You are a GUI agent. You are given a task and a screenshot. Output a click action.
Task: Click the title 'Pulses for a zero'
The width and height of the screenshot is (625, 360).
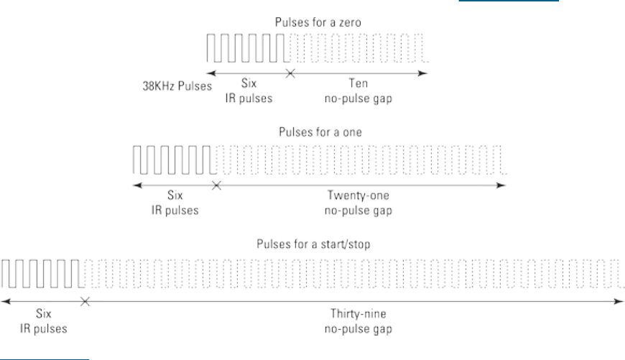pos(317,22)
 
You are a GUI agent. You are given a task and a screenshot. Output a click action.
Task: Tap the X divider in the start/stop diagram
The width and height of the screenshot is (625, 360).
pos(84,302)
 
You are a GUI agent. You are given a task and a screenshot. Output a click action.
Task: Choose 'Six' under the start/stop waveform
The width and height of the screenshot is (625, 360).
pos(44,314)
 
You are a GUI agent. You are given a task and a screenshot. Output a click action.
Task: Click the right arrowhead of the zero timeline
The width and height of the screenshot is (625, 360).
pos(427,73)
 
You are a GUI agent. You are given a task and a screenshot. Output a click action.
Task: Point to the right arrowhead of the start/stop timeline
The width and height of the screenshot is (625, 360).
pos(619,302)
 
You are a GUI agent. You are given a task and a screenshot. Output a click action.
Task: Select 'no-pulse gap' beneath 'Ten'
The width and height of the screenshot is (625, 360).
pos(354,99)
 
